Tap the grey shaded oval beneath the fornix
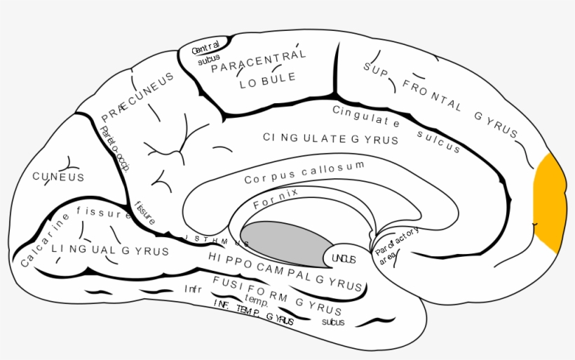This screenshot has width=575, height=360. click(286, 242)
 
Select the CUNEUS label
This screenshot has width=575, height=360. click(58, 177)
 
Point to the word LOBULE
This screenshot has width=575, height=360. click(267, 80)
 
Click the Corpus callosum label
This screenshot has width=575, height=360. click(304, 173)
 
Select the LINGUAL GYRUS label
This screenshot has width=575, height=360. click(109, 250)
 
